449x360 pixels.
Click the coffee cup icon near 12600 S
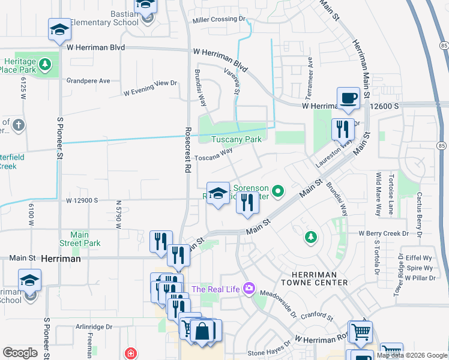tap(348, 97)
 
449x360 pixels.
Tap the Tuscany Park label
tap(237, 139)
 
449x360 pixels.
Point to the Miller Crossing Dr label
tap(220, 20)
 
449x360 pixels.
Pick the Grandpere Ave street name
tap(88, 80)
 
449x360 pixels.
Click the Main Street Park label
tap(80, 239)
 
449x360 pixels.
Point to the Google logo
tap(20, 353)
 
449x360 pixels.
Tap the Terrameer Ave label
tap(310, 70)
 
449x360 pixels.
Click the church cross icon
tap(19, 125)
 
